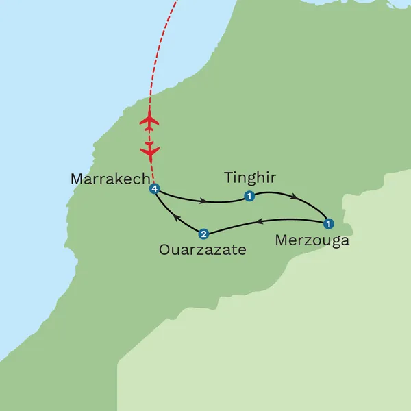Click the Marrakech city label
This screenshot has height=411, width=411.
point(110,179)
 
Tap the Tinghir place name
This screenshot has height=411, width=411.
point(250,178)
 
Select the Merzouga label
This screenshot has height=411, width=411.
point(312,240)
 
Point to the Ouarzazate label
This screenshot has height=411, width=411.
point(202,250)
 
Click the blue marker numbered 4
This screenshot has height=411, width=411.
point(155,189)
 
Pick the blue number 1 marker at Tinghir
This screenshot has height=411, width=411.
point(249,197)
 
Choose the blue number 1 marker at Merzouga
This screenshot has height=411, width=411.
point(328,223)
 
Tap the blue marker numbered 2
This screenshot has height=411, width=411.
point(203,233)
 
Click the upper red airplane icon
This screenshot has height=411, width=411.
point(149,121)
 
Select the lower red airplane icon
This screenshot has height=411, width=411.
point(150,149)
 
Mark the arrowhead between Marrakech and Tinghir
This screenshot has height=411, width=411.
point(204,201)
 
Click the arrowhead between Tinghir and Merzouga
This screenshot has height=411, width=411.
point(295,197)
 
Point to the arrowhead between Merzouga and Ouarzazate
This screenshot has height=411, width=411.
point(260,222)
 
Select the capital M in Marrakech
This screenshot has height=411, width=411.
point(77,179)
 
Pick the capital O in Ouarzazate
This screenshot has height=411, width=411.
point(164,250)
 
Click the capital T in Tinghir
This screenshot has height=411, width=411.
point(229,178)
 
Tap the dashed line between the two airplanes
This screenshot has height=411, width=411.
point(149,135)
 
